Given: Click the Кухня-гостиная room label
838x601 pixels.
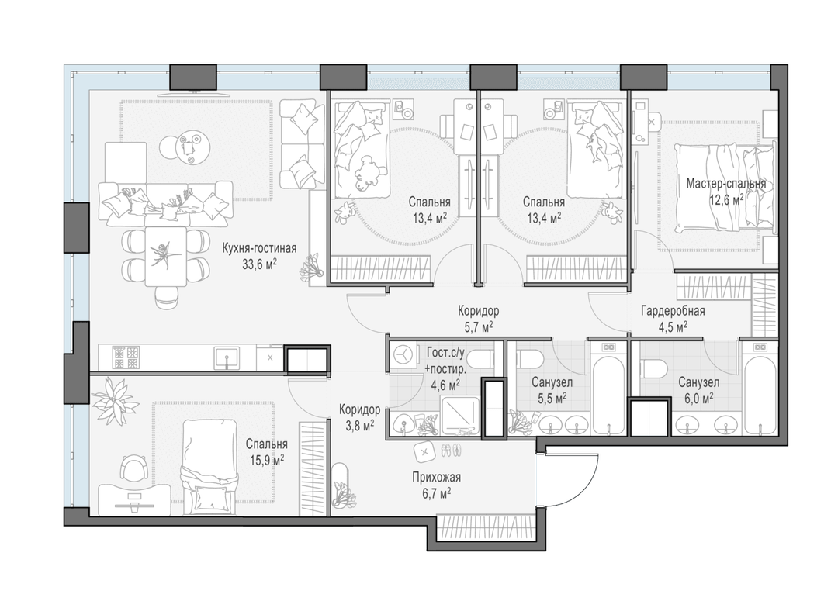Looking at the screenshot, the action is point(259,248).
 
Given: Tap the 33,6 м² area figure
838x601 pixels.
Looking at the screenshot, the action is point(259,264).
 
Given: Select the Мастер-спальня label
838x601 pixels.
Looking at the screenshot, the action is point(725,184).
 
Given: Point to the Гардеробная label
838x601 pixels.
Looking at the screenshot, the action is point(673,311).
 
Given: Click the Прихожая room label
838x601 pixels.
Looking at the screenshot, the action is point(436,478).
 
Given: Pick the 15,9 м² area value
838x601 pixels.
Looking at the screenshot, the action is point(266,459).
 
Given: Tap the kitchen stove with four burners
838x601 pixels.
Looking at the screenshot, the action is point(126,358).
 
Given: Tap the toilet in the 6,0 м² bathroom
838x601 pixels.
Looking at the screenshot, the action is point(654,368).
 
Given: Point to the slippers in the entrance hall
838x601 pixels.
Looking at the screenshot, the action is point(453,451).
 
